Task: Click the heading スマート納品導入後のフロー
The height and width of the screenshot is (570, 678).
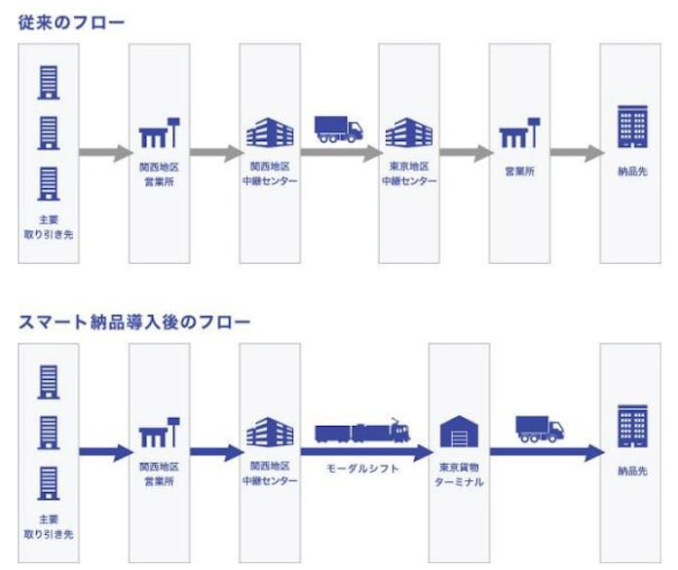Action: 133,322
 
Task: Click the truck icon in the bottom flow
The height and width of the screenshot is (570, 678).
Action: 540,430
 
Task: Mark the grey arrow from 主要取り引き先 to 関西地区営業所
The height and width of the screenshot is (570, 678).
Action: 104,153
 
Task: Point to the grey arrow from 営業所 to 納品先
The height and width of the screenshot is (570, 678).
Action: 575,153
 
